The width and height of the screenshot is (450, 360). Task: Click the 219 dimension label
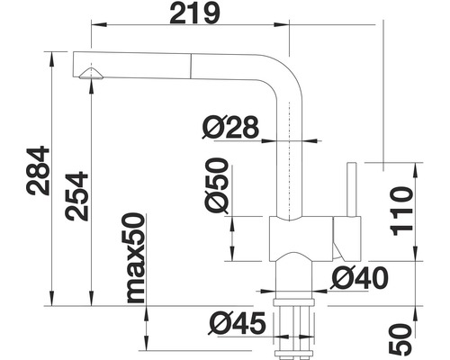point(194,13)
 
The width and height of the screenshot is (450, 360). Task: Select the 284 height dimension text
point(38,170)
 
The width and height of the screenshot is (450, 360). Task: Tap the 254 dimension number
point(76,196)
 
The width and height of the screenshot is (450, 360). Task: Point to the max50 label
point(136,257)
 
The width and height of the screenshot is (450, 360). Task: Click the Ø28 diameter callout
point(230,127)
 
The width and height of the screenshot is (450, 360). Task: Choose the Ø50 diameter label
point(217,185)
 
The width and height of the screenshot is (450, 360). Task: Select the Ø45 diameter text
point(237,323)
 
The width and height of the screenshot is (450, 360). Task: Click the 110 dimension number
point(401,211)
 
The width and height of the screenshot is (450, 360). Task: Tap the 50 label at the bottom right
point(400,338)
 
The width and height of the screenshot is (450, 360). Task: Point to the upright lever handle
point(352,190)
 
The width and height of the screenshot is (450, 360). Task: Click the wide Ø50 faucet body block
point(301,238)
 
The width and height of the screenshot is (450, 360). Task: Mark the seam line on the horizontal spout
point(191,67)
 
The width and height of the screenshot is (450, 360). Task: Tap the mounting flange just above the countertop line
point(293,302)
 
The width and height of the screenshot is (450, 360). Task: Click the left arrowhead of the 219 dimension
point(99,25)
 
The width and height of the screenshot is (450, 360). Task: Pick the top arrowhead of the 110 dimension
point(416,170)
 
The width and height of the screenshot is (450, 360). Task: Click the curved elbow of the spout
point(285,74)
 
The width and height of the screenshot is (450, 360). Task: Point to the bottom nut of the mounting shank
point(293,353)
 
